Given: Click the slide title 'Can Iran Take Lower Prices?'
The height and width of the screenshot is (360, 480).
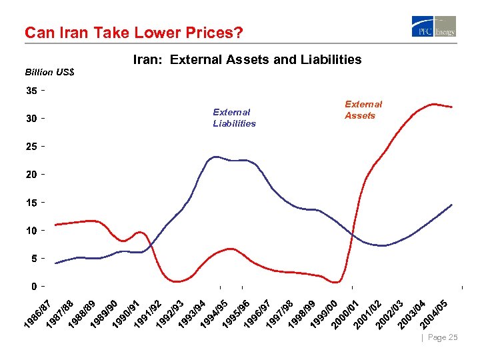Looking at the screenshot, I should coord(133,32).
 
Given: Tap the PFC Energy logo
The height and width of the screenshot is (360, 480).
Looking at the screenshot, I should coord(434,27).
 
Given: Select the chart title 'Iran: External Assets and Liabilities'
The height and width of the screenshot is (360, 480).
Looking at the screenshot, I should coord(247,60).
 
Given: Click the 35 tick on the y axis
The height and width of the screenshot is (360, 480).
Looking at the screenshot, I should coord(32,91).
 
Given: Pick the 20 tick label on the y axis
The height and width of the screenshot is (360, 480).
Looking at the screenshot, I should coord(32,175).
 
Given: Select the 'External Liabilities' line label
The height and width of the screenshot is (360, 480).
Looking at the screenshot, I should coord(234,118).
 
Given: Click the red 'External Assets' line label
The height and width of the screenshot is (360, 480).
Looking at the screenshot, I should coord(363,110).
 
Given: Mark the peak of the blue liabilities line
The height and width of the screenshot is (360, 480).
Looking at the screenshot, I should coord(215,157).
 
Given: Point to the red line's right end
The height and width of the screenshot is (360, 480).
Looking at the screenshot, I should coord(452,107).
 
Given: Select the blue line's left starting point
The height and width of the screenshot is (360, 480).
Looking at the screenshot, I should coord(55,263).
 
